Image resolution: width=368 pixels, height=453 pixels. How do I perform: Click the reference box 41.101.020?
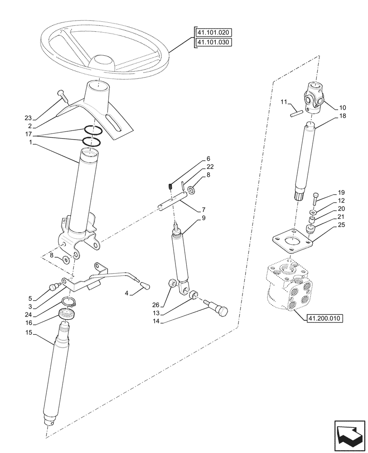pyautogui.click(x=213, y=33)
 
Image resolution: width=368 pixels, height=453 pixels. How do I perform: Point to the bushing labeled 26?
pyautogui.click(x=172, y=284)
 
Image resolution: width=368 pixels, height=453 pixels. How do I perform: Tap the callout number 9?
pyautogui.click(x=203, y=217)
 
